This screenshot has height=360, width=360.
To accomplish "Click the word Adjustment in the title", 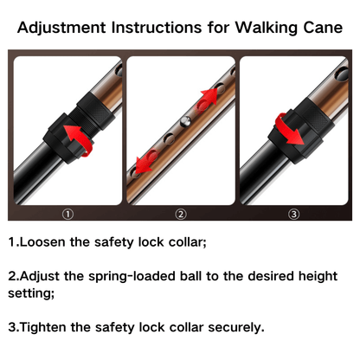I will (x=67, y=28).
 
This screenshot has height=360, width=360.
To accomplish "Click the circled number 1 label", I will (x=67, y=214).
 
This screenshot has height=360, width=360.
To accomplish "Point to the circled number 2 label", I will (x=180, y=214).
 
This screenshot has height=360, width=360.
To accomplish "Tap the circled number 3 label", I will (x=293, y=214).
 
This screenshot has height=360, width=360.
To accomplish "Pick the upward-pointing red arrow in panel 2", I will (x=205, y=98).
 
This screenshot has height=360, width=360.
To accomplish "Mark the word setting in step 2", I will (x=31, y=293).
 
